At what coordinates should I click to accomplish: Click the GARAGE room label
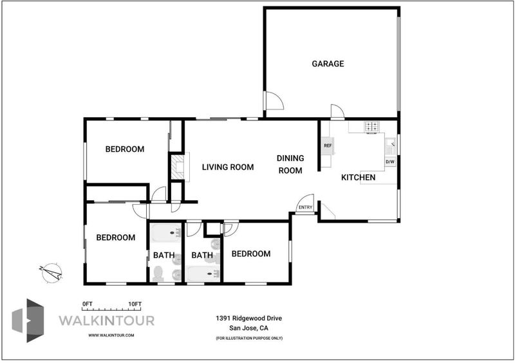click(x=328, y=64)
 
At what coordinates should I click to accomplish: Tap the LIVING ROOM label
click(x=228, y=167)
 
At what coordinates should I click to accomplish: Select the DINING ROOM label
click(x=290, y=164)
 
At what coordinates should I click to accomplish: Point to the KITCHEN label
click(x=359, y=178)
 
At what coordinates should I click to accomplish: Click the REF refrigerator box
click(x=328, y=145)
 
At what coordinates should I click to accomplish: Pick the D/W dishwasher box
click(x=390, y=162)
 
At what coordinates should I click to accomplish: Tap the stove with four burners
click(x=372, y=127)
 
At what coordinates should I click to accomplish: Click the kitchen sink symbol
click(x=391, y=146)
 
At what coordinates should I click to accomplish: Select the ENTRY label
click(x=305, y=207)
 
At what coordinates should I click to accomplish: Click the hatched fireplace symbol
click(x=178, y=167)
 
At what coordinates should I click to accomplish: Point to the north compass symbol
click(x=51, y=273)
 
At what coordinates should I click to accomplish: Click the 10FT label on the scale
click(x=135, y=304)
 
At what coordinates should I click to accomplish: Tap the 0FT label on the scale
click(x=88, y=304)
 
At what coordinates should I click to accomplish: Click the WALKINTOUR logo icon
click(x=28, y=321)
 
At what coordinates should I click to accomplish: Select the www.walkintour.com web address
click(x=111, y=335)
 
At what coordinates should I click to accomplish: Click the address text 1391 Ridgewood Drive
click(x=248, y=318)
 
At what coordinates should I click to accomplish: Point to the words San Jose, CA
click(x=248, y=328)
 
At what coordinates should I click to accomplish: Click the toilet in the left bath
click(x=158, y=274)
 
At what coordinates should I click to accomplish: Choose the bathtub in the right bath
click(x=203, y=274)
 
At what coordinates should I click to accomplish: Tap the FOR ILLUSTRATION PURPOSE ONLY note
click(x=249, y=338)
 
